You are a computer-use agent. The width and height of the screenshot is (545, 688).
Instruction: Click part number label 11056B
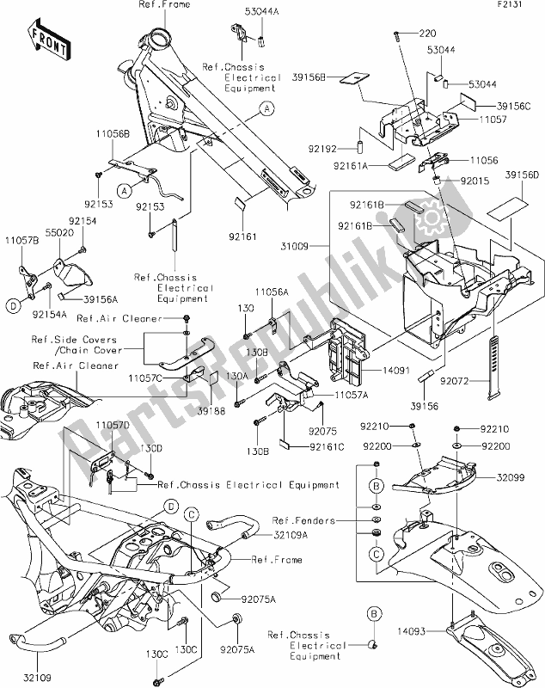[113, 136]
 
